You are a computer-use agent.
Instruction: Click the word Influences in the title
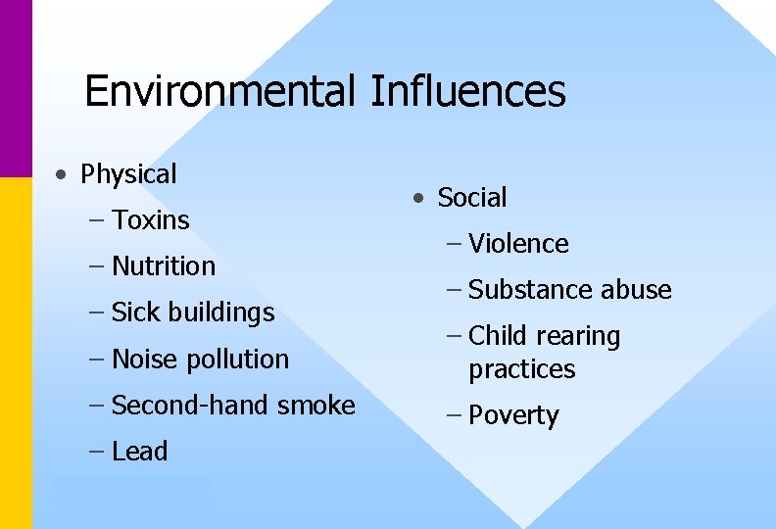(467, 91)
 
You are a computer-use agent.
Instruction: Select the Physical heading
(128, 174)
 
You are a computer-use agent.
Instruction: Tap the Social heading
(472, 198)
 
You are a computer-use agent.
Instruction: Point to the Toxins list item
(151, 220)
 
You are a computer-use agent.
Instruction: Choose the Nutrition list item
(164, 266)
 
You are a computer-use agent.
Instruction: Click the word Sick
(133, 313)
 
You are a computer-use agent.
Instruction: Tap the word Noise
(140, 359)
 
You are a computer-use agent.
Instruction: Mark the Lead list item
(140, 452)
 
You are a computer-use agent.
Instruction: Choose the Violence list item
(518, 244)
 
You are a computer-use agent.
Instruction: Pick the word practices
(521, 369)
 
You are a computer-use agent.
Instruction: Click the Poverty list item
(513, 415)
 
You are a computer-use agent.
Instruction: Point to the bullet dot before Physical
(62, 176)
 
